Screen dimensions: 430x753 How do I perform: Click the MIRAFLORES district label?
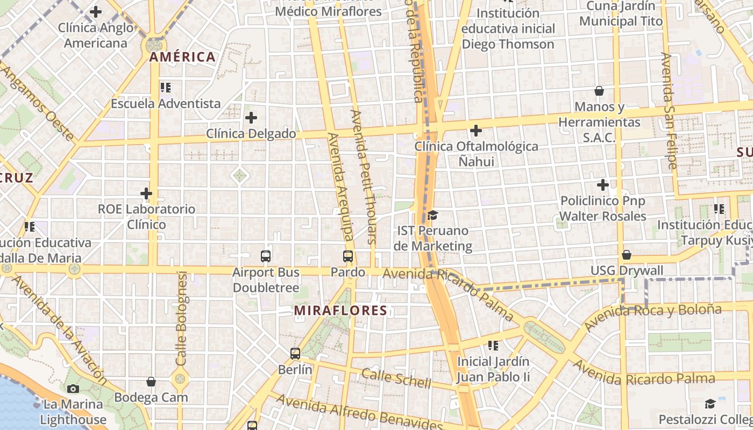(340, 311)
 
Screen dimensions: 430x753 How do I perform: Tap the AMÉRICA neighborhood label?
(182, 57)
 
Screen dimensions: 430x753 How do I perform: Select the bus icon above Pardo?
(348, 256)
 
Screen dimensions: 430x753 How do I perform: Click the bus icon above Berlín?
(295, 354)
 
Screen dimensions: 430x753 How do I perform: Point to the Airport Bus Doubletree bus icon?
(266, 256)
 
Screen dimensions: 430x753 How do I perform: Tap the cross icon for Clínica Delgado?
(251, 118)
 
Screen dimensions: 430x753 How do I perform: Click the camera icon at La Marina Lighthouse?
(73, 389)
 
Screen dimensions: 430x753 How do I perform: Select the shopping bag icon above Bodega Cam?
(151, 382)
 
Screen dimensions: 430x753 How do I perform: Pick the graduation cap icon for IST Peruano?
(432, 216)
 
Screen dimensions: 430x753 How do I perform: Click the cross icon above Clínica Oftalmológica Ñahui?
(476, 131)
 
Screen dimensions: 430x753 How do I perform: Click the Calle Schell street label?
(396, 378)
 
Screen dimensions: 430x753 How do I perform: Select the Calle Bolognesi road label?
(182, 318)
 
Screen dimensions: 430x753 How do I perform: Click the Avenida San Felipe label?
(669, 111)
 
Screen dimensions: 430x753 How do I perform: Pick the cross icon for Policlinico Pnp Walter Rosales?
(603, 185)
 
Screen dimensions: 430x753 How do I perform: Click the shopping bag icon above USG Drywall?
(627, 255)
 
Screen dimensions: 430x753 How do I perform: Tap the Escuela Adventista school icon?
(165, 87)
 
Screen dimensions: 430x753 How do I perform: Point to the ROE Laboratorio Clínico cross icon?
(146, 193)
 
